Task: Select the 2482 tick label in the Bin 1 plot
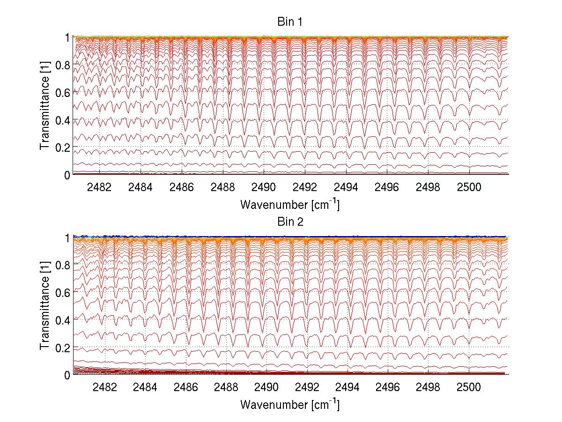(99, 187)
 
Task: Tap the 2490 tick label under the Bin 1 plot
(264, 187)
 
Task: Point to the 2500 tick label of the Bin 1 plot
(469, 187)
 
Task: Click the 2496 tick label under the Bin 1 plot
(387, 187)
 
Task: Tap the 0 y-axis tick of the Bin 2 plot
(67, 374)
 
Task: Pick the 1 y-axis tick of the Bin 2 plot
(67, 237)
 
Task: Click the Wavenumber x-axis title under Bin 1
(289, 204)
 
